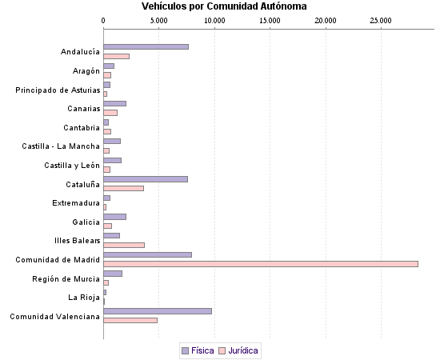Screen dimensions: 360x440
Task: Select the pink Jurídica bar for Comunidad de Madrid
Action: point(261,264)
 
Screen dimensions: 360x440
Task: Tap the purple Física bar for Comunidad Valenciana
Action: point(158,310)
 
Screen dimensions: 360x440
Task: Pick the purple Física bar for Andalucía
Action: point(146,46)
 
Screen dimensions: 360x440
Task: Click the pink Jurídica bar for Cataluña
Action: point(124,188)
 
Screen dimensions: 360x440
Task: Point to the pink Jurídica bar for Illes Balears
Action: point(124,245)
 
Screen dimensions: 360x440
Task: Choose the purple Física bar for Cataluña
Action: point(146,179)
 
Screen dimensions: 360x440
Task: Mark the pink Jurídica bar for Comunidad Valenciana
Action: point(130,320)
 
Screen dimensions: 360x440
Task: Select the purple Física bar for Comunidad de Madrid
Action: point(148,254)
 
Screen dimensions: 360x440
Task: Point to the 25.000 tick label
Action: point(381,19)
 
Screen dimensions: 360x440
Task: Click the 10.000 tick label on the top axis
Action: point(214,19)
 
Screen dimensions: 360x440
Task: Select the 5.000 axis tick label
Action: point(159,19)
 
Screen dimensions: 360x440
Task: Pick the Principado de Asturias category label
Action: point(58,90)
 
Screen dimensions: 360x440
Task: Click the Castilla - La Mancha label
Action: point(61,146)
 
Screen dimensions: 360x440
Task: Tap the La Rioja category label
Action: point(85,298)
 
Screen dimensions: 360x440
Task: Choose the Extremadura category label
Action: point(76,203)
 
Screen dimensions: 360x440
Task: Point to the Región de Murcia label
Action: point(66,278)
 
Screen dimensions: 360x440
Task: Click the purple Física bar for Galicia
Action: point(115,217)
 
